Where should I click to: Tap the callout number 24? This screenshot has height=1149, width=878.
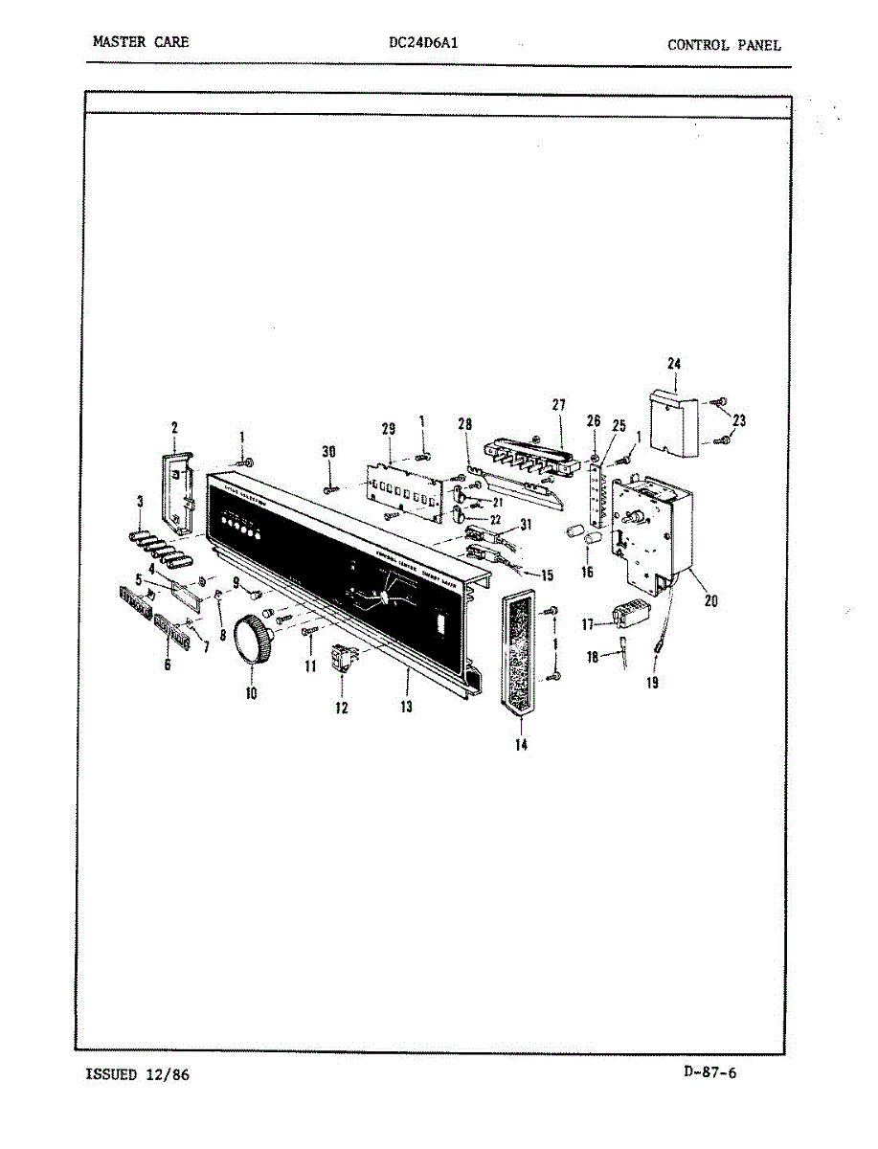tap(674, 363)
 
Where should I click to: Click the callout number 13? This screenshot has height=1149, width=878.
tap(407, 707)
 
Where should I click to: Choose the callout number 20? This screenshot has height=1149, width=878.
tap(710, 601)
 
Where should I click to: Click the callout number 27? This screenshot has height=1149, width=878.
tap(559, 405)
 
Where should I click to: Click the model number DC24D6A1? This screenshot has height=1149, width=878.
tap(428, 43)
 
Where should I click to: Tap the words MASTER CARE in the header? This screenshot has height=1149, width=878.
tap(141, 42)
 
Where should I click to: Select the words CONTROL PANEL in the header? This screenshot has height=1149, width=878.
tap(724, 44)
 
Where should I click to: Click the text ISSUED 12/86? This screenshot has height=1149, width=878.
tap(138, 1074)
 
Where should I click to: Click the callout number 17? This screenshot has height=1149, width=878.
tap(588, 624)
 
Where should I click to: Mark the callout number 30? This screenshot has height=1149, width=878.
tap(329, 452)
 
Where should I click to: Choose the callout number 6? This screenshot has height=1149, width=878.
tap(168, 665)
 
